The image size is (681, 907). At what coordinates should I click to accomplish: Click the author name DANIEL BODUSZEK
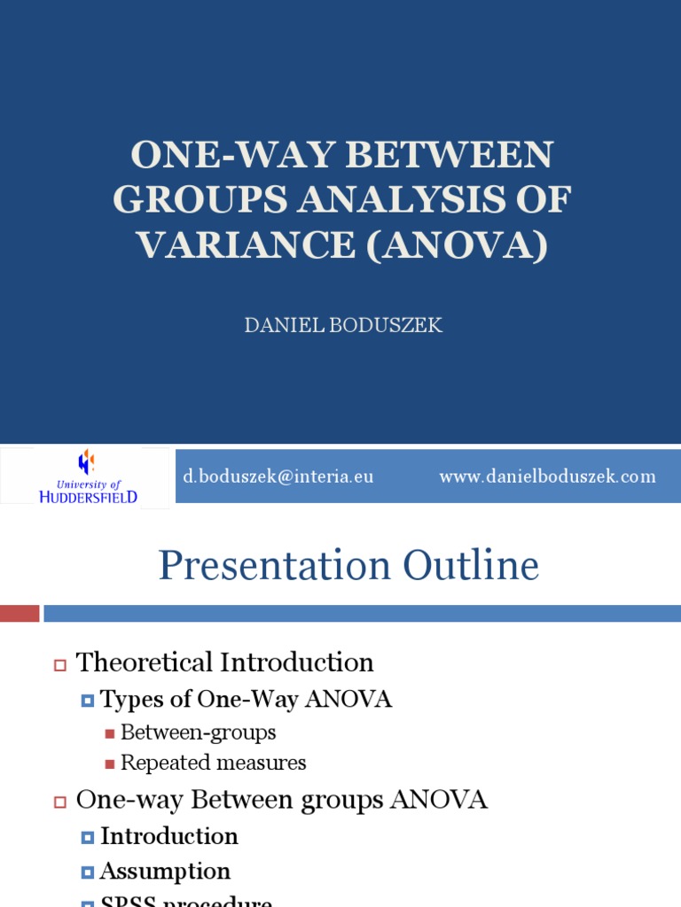click(x=343, y=326)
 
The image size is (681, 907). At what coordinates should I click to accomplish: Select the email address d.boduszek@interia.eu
click(x=278, y=477)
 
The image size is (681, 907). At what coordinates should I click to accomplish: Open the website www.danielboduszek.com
click(x=547, y=477)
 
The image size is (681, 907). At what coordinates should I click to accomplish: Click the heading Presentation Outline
click(x=348, y=566)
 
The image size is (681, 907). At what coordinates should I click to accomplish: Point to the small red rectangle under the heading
click(x=20, y=613)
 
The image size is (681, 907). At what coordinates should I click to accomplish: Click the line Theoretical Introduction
click(x=224, y=663)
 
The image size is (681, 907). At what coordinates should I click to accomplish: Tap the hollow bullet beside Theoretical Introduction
click(x=60, y=664)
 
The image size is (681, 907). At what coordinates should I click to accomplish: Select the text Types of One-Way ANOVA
click(x=246, y=700)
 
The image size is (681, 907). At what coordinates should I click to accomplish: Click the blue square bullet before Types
click(x=87, y=701)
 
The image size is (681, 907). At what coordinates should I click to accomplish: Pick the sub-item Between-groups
click(x=198, y=733)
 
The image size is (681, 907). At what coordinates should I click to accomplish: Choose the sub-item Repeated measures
click(x=213, y=763)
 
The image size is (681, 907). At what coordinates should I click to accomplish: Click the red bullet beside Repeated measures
click(x=110, y=764)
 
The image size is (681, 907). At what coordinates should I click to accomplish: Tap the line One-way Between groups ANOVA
click(x=281, y=800)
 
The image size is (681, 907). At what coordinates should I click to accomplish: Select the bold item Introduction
click(x=168, y=836)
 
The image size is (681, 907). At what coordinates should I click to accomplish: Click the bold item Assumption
click(x=165, y=872)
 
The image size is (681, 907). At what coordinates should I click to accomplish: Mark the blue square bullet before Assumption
click(x=87, y=872)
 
